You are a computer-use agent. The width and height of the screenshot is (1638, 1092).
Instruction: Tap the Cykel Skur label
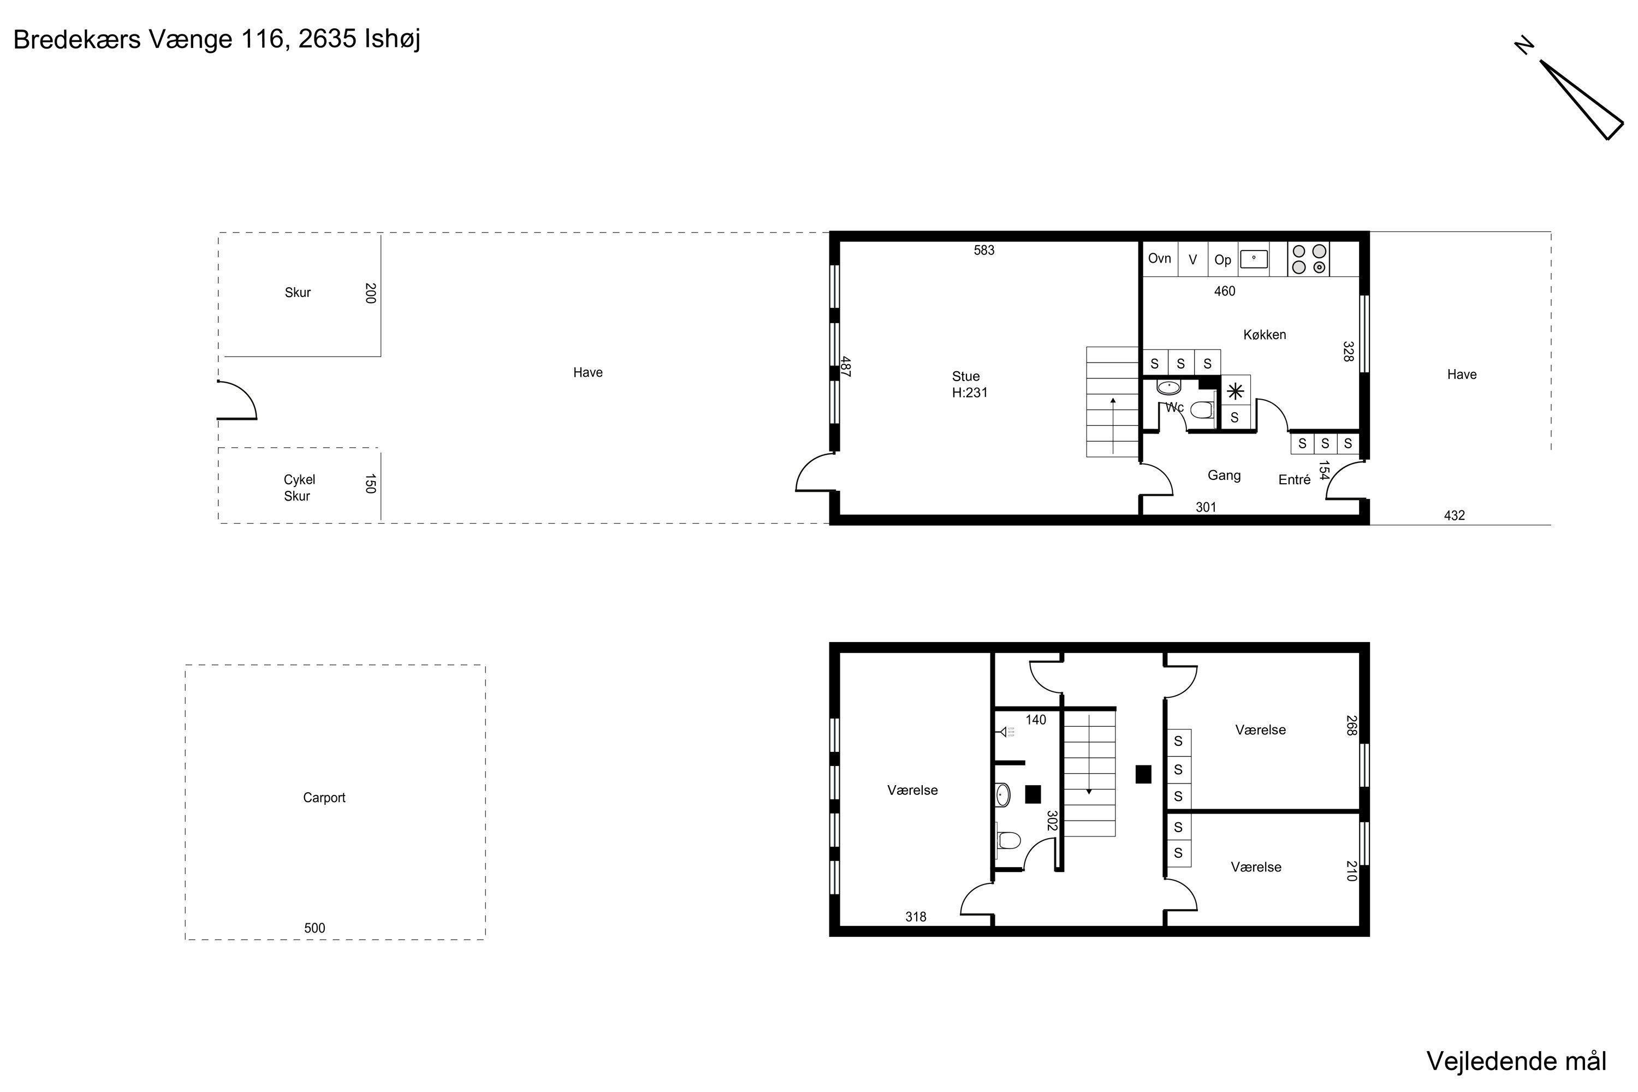pos(299,488)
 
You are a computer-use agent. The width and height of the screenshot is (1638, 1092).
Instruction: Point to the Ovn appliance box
pos(1160,259)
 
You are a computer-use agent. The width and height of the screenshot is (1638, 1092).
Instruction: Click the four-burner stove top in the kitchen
pos(1309,259)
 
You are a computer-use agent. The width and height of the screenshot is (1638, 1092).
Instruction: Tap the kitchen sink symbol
pos(1254,259)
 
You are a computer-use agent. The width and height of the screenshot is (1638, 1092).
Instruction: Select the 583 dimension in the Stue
pos(984,251)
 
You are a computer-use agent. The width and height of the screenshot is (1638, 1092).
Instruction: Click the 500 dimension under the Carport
pos(315,928)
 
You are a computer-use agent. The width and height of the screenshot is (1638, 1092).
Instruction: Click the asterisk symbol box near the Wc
pos(1236,391)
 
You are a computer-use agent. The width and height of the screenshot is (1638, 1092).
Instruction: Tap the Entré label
pos(1295,480)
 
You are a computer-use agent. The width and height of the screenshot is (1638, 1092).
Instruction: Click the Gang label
pos(1224,476)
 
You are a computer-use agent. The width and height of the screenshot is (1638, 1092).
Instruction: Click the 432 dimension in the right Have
pos(1454,516)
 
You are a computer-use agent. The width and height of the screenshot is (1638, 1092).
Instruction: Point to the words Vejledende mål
pos(1517,1061)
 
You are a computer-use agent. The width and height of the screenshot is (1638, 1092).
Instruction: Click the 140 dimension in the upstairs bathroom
pos(1036,720)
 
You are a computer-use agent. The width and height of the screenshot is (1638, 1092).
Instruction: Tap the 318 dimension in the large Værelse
pos(916,917)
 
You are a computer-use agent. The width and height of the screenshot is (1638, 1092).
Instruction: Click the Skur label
pos(298,293)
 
